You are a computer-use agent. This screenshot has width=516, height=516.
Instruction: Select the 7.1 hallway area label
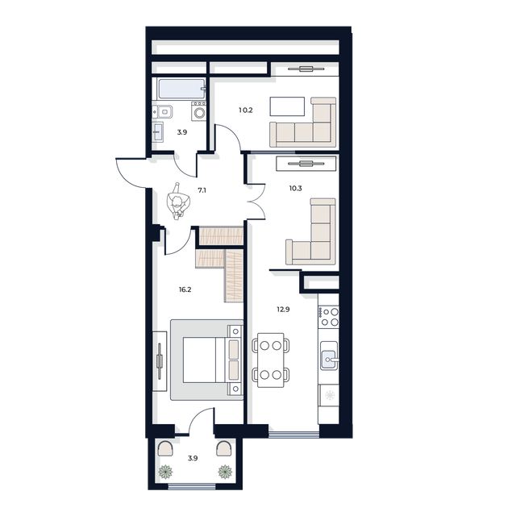click(x=202, y=191)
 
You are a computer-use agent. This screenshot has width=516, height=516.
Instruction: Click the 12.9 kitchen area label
click(x=281, y=309)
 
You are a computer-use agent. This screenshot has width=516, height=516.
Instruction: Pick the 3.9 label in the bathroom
click(x=182, y=132)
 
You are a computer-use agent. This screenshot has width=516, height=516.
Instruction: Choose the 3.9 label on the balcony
click(x=193, y=458)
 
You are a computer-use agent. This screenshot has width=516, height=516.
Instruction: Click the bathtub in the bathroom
click(x=180, y=89)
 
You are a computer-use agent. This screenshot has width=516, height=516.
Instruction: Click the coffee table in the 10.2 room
click(x=287, y=106)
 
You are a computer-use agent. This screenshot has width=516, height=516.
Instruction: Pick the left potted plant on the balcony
click(x=167, y=471)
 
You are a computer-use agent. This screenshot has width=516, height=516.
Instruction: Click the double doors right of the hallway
click(x=256, y=202)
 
